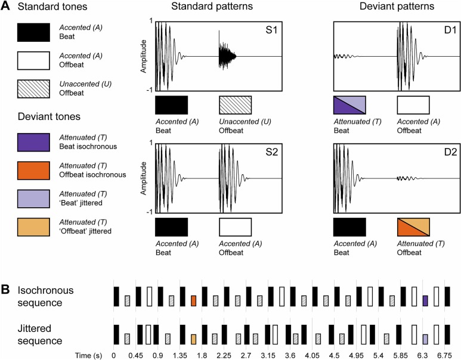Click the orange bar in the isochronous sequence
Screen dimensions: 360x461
(193, 300)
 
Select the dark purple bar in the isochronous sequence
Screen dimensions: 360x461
(425, 300)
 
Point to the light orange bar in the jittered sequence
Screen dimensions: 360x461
(193, 339)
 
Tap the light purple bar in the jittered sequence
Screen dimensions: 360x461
(425, 339)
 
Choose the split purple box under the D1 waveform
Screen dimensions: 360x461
(349, 104)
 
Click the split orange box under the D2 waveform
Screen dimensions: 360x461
(413, 226)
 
